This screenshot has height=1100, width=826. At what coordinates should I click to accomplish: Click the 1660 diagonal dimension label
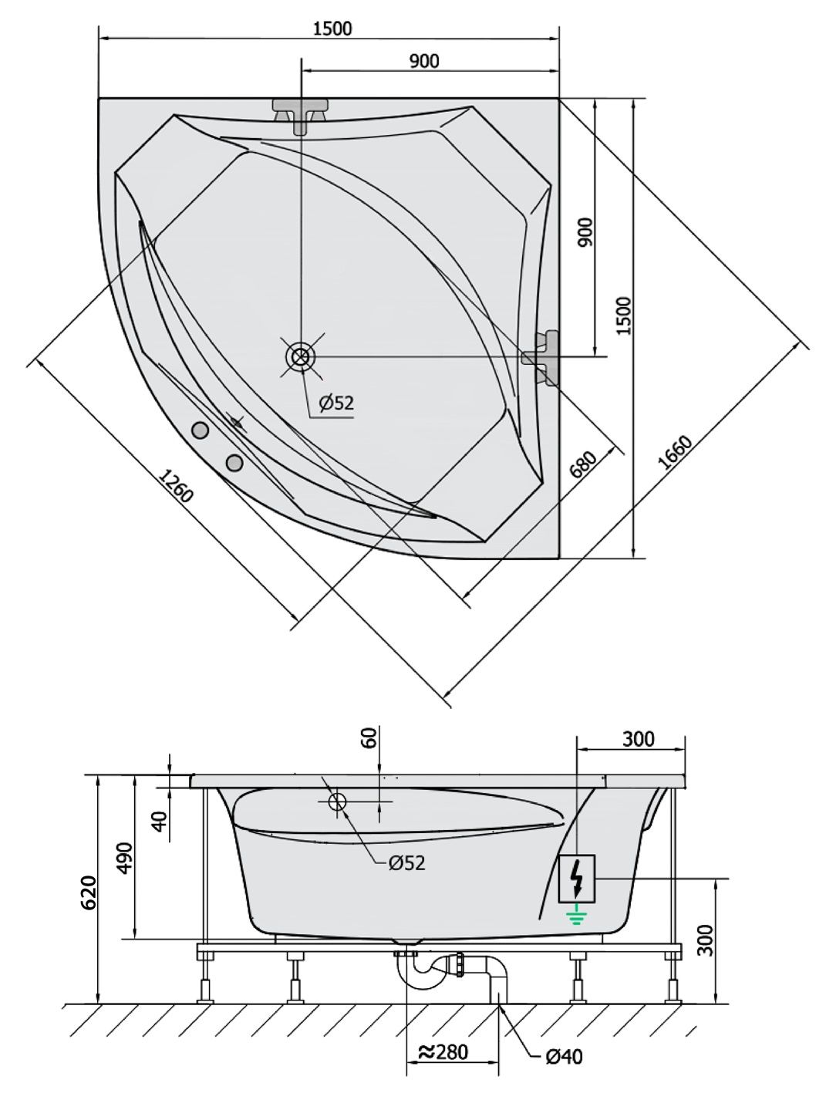coord(676,453)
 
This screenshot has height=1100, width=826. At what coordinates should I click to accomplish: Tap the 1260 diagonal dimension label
coord(176,485)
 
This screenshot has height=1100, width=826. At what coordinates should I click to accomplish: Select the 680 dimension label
coord(583,466)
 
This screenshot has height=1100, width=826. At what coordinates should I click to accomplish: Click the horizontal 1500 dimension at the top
coord(332,29)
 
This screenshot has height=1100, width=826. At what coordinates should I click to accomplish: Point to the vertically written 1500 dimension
coord(624,315)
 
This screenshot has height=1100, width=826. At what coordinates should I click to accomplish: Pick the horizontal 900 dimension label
coord(424,61)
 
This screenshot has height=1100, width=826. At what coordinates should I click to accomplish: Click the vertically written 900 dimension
coord(585,232)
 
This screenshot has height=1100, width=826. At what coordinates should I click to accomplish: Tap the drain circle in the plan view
coord(301,357)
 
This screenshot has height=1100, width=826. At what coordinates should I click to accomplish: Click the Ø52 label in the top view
coord(336,403)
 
